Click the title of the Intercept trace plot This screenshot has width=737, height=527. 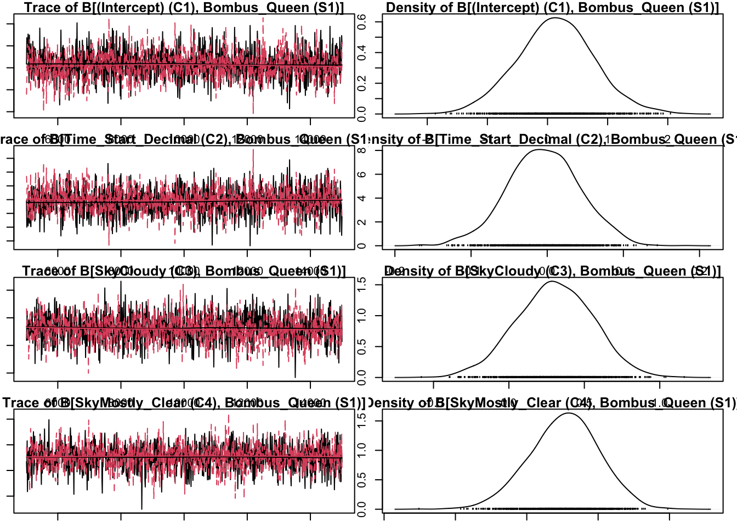184,8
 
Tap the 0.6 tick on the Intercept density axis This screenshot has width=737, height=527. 362,21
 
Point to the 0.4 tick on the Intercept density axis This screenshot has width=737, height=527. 362,53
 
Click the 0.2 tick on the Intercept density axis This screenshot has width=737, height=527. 362,83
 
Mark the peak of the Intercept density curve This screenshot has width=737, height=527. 555,18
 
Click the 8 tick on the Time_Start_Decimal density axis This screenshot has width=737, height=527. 362,150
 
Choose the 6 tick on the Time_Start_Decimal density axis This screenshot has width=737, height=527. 362,174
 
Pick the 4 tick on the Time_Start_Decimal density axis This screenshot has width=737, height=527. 362,198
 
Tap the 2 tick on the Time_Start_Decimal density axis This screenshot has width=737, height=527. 362,222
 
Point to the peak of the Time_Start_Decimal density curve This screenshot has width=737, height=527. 540,149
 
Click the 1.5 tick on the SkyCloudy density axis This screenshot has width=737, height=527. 362,284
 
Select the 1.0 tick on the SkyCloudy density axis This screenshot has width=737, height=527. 362,316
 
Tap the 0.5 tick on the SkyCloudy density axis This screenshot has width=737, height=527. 362,346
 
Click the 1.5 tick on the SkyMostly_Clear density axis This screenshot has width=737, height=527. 362,421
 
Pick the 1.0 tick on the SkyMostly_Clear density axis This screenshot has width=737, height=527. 362,450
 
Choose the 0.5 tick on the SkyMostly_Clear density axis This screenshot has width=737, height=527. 362,480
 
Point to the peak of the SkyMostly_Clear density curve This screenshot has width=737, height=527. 568,413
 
